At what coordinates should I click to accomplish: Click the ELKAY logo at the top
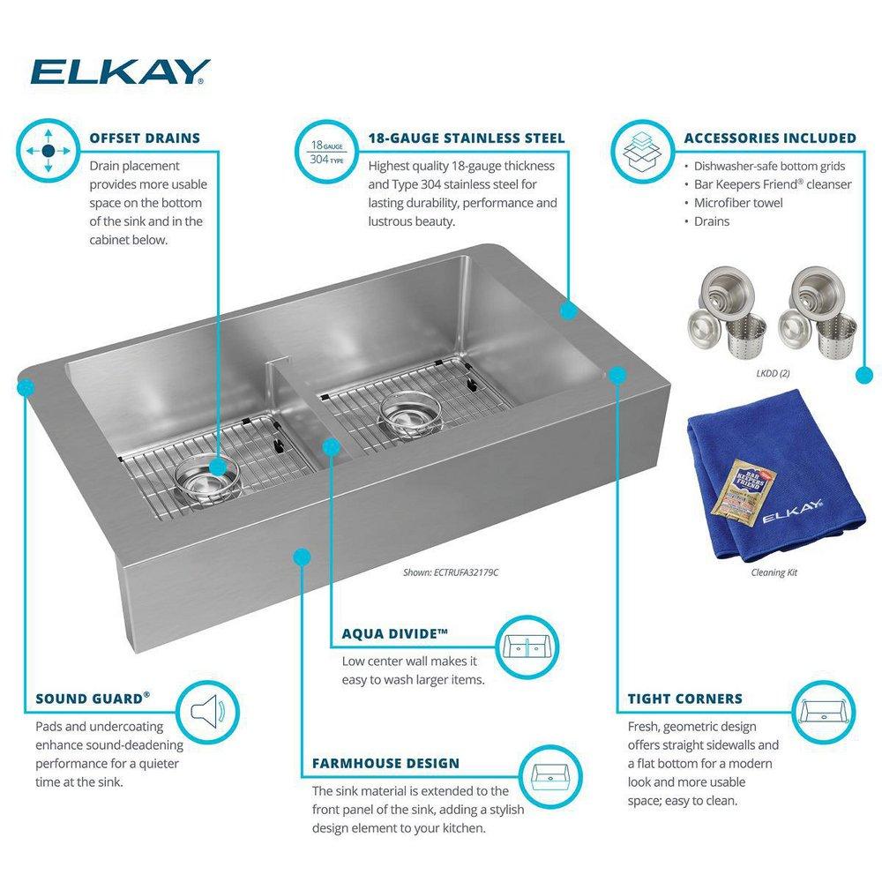(x=120, y=71)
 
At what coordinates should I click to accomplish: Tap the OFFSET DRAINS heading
(x=145, y=138)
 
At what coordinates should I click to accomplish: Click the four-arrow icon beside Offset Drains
(x=49, y=151)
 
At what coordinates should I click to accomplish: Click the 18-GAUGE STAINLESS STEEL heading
(x=467, y=138)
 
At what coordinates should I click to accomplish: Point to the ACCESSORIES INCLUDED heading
(x=770, y=138)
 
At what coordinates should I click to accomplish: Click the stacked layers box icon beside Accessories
(x=640, y=151)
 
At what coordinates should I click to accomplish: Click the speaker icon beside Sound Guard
(x=207, y=709)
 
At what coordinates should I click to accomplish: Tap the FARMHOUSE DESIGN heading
(x=385, y=763)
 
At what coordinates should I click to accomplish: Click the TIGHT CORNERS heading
(x=685, y=699)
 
